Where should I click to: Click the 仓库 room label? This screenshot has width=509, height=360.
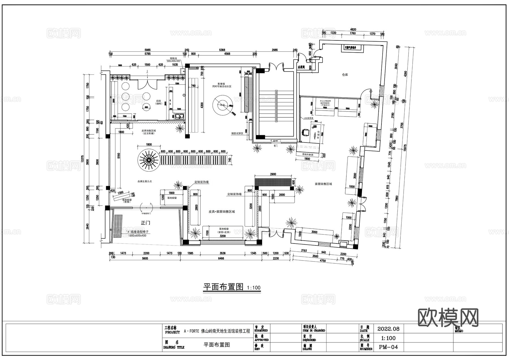click(x=345, y=75)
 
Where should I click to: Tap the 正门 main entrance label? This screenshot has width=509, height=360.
click(x=145, y=223)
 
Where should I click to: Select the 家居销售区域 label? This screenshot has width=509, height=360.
click(x=323, y=184)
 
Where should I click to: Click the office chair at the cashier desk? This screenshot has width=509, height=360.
click(x=306, y=132)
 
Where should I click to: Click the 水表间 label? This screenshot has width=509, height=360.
click(x=301, y=67)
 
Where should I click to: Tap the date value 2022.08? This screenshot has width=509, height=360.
click(x=388, y=329)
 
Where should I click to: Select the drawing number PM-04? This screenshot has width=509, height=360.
click(x=388, y=347)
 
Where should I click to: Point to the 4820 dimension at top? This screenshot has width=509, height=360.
click(x=353, y=29)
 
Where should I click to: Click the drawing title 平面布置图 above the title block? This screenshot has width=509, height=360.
click(x=223, y=287)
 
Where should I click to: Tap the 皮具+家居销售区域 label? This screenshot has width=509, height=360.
click(x=222, y=212)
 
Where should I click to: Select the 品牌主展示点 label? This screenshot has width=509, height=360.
click(x=144, y=181)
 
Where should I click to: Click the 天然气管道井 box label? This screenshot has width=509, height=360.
click(x=352, y=48)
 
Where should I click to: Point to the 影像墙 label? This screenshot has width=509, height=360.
click(x=221, y=84)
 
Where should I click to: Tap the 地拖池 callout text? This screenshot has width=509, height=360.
click(x=173, y=58)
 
